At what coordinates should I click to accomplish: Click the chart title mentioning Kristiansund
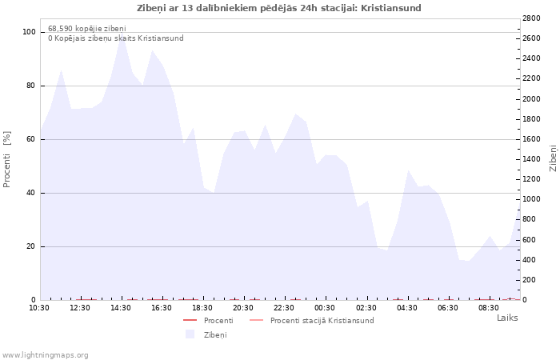point(279,8)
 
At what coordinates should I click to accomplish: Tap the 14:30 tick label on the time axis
point(121,308)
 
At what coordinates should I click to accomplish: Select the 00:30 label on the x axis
point(325,308)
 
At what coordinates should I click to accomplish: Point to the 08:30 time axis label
point(489,308)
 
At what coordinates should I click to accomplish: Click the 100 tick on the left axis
point(29,32)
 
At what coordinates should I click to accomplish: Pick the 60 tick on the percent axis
point(31,139)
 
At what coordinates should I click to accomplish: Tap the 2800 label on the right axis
point(531,18)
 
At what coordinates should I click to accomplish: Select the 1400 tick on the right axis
point(531,159)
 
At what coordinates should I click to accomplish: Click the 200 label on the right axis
point(530,280)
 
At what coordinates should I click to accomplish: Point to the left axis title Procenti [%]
point(6,159)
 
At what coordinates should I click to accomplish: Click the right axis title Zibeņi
point(554,158)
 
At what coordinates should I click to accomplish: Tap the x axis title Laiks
point(507,318)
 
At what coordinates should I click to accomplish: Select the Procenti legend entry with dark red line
point(208,320)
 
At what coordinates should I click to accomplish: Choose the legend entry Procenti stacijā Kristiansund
point(312,320)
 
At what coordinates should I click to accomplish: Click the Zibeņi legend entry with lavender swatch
point(206,334)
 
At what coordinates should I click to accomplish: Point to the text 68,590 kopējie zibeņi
point(87,28)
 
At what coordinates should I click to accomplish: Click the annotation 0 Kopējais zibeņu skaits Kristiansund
point(116,38)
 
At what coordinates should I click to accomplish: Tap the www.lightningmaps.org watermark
point(45,355)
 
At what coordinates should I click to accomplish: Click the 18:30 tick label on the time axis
point(202,308)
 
